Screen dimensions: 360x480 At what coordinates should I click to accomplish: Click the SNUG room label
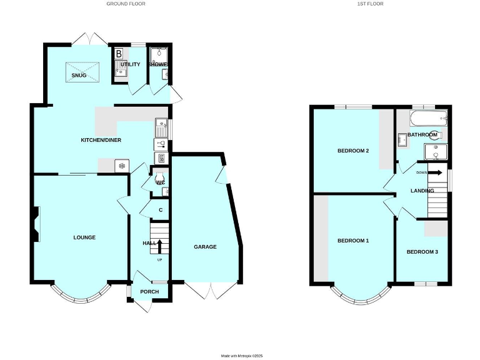(79, 75)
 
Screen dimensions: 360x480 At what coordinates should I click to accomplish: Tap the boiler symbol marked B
(119, 54)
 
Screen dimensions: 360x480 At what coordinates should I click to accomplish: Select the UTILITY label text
(131, 64)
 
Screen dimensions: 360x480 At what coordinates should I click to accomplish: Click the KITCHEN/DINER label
(101, 140)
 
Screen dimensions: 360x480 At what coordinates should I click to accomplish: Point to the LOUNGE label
(84, 237)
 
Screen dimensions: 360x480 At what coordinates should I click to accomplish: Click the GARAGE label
(205, 247)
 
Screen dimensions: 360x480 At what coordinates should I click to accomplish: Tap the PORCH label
(149, 292)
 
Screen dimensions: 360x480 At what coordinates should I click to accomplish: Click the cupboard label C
(161, 210)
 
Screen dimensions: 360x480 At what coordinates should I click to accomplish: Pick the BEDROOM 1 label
(353, 241)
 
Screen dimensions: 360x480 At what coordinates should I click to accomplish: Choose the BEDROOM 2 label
(353, 151)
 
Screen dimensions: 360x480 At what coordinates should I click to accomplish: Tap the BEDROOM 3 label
(422, 252)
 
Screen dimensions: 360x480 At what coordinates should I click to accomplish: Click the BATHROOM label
(422, 134)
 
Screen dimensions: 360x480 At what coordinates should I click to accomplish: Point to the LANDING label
(422, 191)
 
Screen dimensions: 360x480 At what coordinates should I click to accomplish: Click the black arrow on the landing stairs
(435, 172)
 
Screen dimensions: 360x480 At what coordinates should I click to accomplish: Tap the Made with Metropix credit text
(242, 356)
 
